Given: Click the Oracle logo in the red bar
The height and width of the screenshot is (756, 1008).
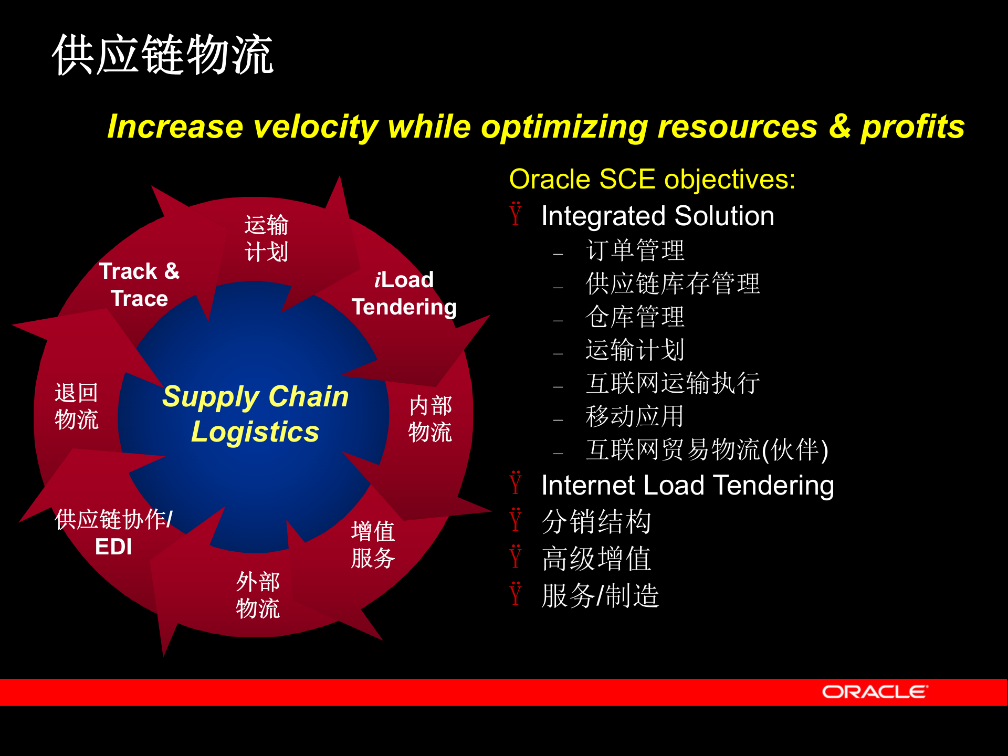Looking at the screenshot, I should click(x=875, y=692).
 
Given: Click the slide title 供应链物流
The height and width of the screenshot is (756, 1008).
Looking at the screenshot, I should click(x=163, y=55).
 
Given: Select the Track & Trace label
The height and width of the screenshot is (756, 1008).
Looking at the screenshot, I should click(x=140, y=285).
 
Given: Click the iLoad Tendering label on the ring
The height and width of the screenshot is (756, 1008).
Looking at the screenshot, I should click(x=404, y=293).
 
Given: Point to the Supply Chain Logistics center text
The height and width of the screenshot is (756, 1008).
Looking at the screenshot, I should click(x=255, y=414).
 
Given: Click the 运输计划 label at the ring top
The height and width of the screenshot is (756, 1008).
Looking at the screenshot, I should click(x=266, y=238).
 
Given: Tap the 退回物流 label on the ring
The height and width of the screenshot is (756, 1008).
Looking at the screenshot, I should click(x=77, y=406).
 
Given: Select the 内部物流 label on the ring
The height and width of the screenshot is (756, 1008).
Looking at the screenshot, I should click(x=430, y=419).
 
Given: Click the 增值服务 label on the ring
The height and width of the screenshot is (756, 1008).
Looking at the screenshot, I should click(x=373, y=544).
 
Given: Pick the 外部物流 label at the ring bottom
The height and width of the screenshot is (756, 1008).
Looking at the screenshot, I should click(x=258, y=595).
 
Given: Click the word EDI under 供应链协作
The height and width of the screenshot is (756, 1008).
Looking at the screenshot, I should click(x=113, y=547).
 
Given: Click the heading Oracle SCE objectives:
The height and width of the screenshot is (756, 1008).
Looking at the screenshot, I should click(x=652, y=180).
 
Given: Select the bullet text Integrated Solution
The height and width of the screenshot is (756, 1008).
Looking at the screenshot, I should click(x=657, y=216).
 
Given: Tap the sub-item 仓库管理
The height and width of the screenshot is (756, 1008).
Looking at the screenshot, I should click(x=635, y=317).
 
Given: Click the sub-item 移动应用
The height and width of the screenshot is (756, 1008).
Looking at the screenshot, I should click(x=635, y=416).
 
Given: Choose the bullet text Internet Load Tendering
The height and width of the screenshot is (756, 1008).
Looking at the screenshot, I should click(x=687, y=485).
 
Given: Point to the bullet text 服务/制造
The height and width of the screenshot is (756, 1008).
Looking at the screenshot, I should click(x=600, y=596).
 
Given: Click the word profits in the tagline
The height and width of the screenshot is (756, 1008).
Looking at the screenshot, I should click(x=912, y=127).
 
